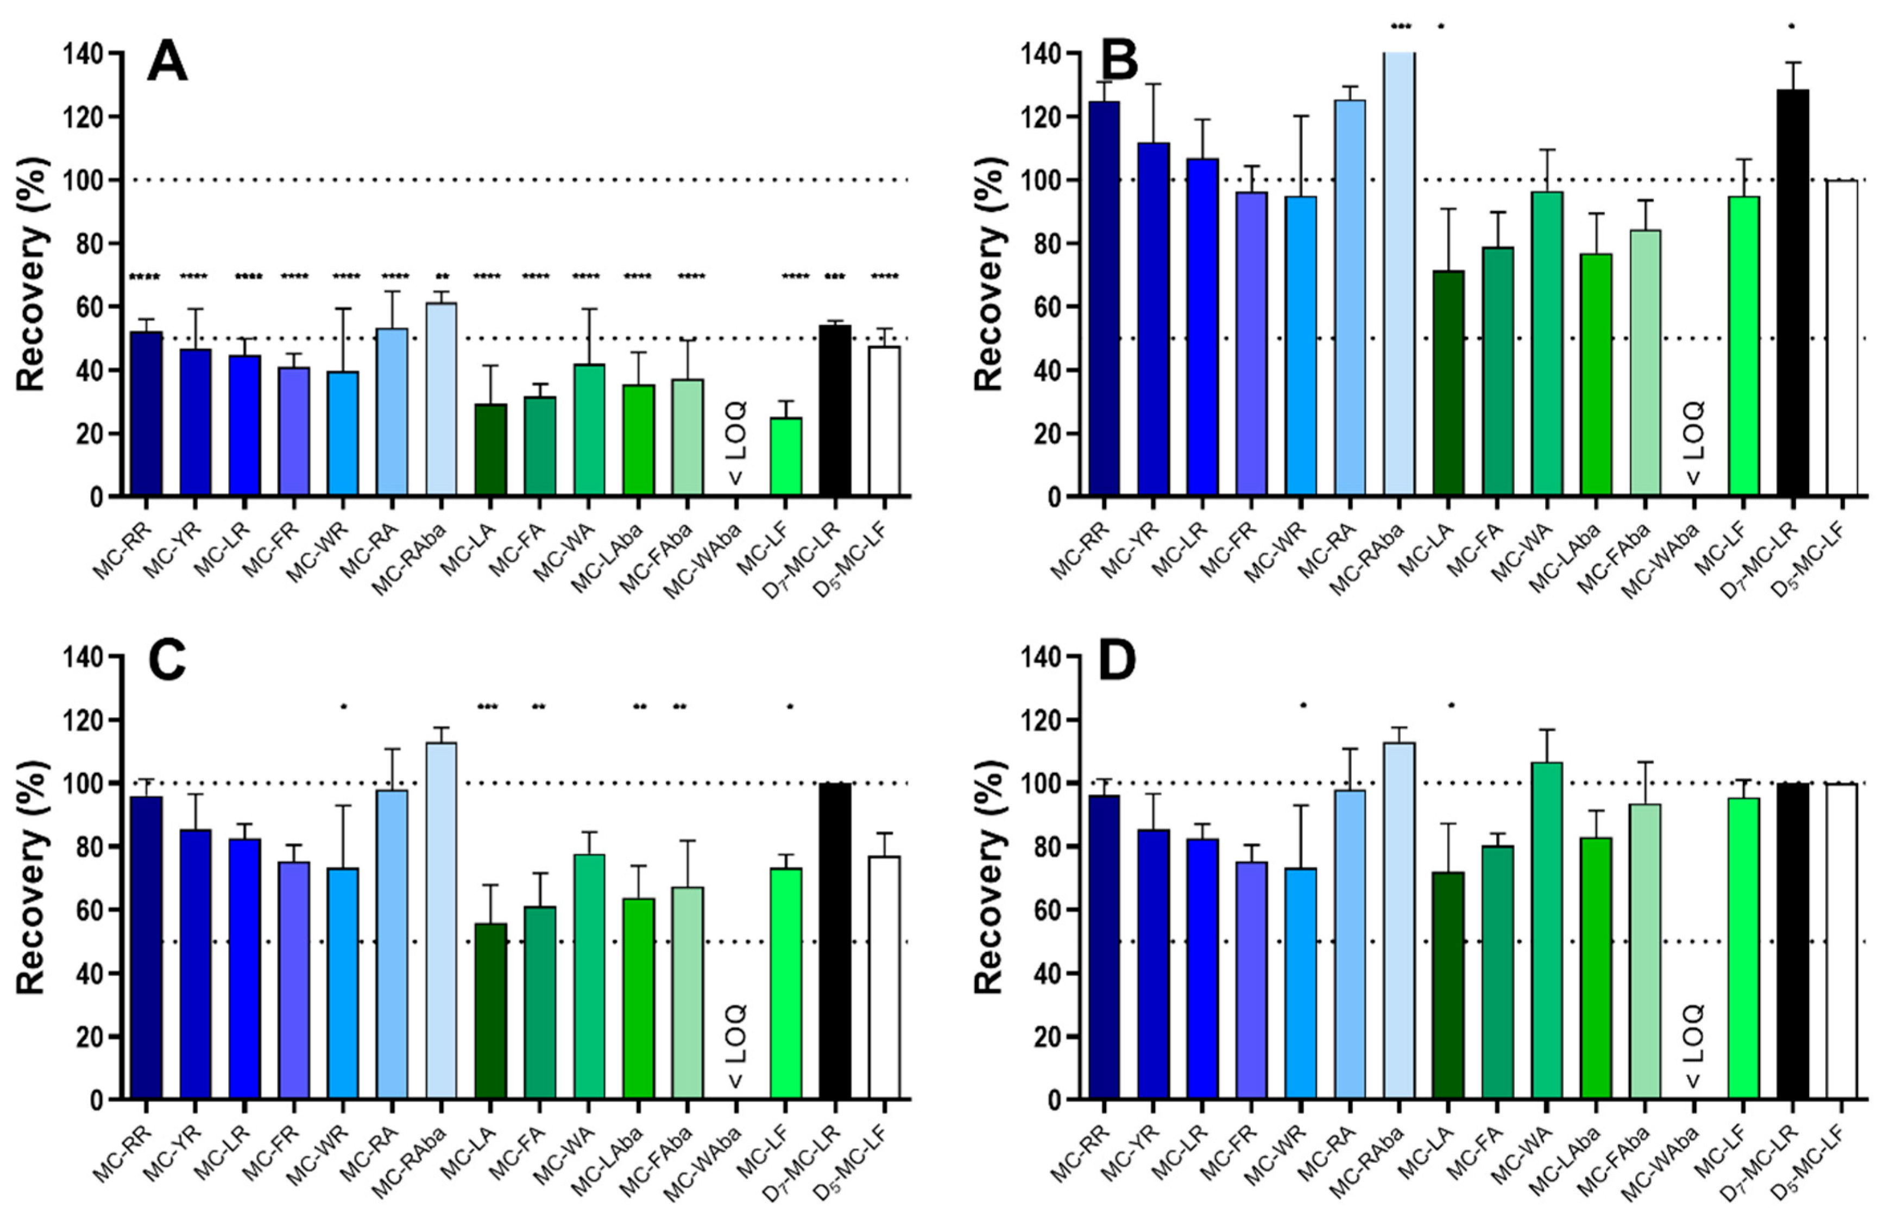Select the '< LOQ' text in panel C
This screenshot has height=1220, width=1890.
[x=736, y=1046]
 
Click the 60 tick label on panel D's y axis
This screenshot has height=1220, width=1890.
[x=1050, y=910]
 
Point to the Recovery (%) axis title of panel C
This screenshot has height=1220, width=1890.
[x=31, y=878]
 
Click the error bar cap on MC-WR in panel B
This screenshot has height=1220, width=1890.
[x=1301, y=116]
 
